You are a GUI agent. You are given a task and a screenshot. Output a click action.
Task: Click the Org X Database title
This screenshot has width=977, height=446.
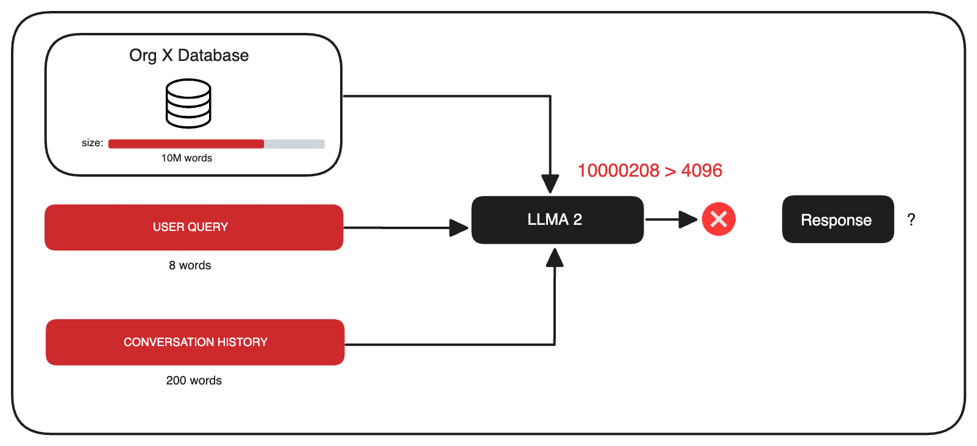click(189, 55)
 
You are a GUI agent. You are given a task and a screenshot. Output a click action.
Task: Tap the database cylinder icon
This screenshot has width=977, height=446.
click(188, 104)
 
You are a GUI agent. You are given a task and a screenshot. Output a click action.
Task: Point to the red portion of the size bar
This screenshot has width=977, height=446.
click(186, 144)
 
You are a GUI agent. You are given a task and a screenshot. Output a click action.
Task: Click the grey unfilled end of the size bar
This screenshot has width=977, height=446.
click(294, 144)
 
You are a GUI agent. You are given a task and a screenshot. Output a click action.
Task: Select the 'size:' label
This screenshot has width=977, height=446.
click(92, 143)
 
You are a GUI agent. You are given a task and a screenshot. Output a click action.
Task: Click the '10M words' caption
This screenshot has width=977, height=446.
click(187, 158)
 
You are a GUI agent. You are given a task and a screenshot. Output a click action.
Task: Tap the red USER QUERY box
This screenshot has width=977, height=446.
click(194, 227)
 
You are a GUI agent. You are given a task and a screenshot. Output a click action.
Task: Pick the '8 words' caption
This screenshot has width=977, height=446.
click(190, 266)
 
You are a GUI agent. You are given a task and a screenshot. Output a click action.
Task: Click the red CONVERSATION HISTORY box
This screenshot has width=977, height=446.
click(195, 342)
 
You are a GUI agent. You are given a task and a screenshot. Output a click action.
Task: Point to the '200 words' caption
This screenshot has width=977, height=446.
click(194, 381)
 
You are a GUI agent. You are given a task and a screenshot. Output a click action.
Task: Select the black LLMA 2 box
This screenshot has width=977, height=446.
click(557, 220)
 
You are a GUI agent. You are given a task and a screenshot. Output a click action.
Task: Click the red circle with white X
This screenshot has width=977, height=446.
click(719, 219)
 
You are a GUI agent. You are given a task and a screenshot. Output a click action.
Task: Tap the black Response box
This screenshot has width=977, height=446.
click(837, 220)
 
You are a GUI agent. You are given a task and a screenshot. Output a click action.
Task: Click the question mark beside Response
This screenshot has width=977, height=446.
click(911, 220)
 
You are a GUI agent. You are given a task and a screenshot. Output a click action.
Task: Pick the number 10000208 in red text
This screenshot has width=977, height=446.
click(618, 171)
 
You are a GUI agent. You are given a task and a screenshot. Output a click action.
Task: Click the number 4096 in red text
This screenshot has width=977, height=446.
click(702, 171)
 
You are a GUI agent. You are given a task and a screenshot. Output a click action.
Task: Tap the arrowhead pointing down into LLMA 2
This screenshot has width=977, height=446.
click(550, 183)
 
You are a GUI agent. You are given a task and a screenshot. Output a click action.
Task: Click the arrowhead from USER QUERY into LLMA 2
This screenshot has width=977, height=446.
click(459, 228)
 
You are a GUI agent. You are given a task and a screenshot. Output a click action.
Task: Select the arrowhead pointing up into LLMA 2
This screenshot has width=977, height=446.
click(555, 258)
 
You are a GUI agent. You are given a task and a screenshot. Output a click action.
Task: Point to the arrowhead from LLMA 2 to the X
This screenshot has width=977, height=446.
click(688, 219)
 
